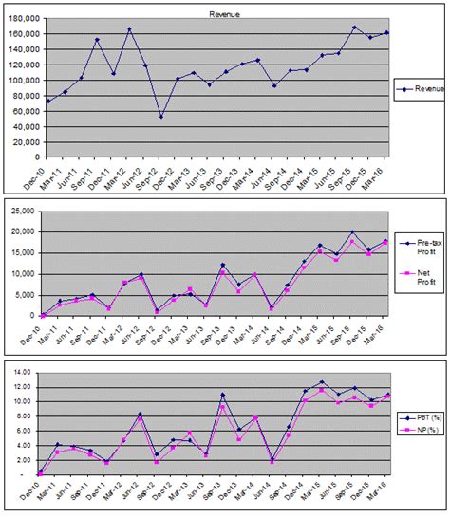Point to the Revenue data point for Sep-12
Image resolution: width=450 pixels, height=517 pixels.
point(161,117)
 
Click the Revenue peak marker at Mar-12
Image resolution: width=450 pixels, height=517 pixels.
point(129,29)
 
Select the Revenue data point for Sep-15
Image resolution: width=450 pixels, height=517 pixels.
point(354,28)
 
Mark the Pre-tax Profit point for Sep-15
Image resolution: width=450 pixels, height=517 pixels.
point(354,231)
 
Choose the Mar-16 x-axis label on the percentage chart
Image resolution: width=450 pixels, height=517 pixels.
point(386,489)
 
